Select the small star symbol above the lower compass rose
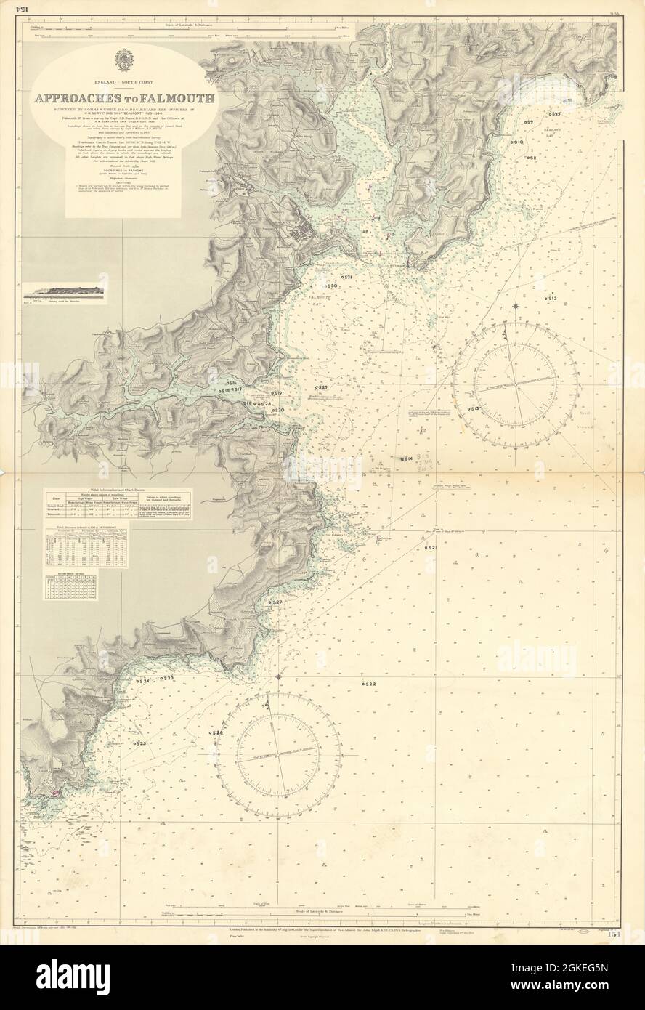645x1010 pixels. pyautogui.click(x=279, y=676)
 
